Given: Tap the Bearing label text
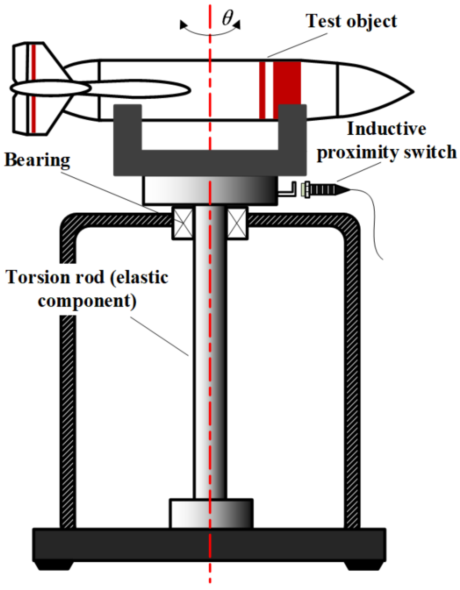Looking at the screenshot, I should tap(37, 160).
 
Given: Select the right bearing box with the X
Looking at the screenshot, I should tap(237, 223).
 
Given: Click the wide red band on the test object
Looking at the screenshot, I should tap(287, 82).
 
